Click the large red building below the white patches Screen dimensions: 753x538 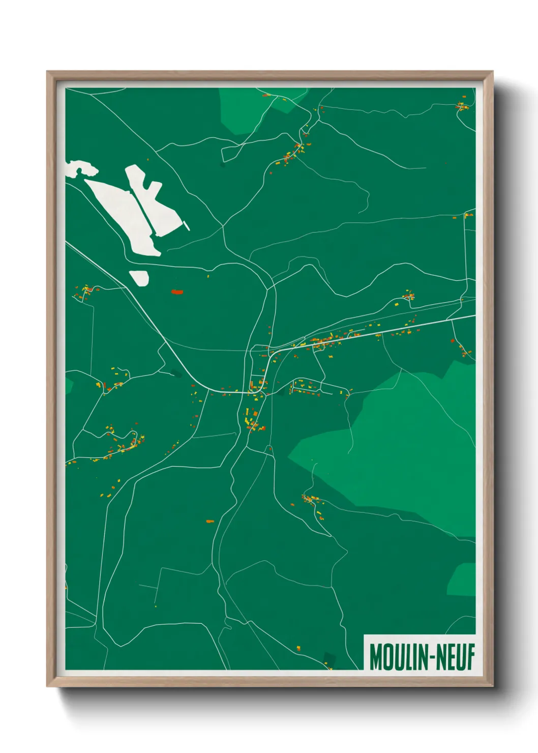pos(176,292)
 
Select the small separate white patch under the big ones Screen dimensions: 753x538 pos(139,277)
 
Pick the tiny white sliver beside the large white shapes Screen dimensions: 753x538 pos(187,225)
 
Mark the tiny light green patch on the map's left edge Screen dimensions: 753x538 pos(69,386)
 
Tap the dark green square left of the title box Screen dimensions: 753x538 pos(330,659)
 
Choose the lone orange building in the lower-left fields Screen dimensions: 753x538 pos(210,521)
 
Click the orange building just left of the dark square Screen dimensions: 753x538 pos(298,648)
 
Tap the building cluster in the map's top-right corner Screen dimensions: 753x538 pos(462,107)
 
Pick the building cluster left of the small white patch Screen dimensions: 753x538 pos(85,292)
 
